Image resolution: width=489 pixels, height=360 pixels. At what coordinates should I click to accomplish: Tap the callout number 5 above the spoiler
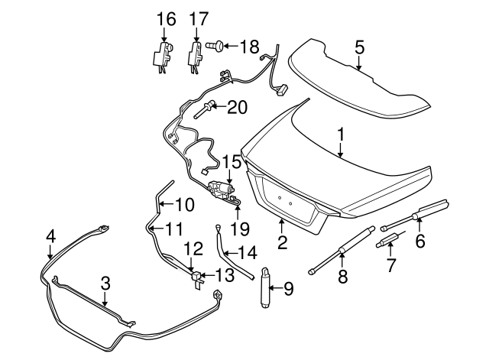tap(359, 47)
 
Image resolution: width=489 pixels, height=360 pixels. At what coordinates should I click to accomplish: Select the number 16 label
tap(166, 18)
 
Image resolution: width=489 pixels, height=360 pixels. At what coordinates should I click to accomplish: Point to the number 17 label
tap(199, 18)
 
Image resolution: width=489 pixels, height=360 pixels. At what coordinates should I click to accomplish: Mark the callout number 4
tap(50, 236)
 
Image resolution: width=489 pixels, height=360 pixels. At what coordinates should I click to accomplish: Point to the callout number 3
tap(105, 283)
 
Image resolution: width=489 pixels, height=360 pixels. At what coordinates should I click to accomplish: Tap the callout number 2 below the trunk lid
tap(282, 244)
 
